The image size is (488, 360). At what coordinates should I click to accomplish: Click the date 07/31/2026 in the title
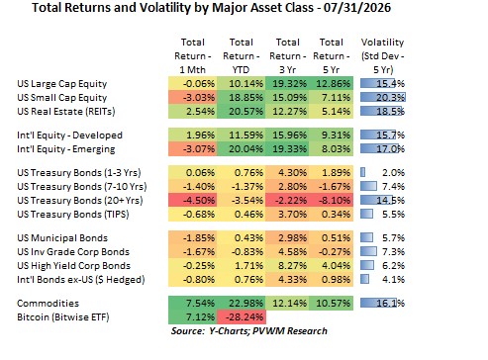point(357,8)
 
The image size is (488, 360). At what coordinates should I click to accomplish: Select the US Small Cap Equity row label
point(62,98)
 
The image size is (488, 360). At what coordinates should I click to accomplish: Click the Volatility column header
point(382,56)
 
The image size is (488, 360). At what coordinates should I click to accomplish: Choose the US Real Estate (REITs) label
point(66,112)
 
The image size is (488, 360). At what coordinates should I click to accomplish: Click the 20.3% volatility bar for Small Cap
point(383,98)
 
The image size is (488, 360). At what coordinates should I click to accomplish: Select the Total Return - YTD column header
point(242,56)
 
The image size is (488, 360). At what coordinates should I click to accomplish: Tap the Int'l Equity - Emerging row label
point(66,149)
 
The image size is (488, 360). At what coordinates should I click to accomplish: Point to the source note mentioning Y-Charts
point(249,331)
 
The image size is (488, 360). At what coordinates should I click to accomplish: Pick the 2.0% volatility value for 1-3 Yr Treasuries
point(393,173)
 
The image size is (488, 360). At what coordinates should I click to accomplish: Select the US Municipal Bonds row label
point(62,238)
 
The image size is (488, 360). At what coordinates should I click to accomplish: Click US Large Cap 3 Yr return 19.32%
point(288,84)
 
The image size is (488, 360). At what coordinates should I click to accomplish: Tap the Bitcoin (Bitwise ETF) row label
point(63,317)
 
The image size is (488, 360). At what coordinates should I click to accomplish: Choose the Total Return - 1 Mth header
point(193,56)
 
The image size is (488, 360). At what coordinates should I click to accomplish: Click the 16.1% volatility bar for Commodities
point(378,304)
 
